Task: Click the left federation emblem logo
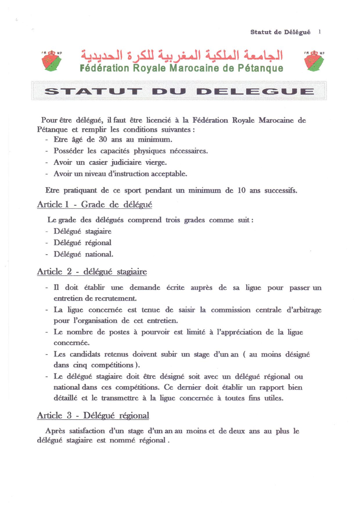tap(52, 61)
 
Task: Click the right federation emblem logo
tap(314, 61)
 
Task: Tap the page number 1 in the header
tap(320, 32)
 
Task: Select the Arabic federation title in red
tap(182, 55)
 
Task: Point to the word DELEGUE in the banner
tap(255, 92)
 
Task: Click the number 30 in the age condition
tap(103, 140)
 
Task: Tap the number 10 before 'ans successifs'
tap(241, 191)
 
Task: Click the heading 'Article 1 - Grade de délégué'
tap(95, 205)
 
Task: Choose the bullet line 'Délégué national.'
tap(83, 255)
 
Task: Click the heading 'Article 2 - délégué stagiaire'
tap(92, 272)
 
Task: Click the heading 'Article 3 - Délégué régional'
tap(93, 416)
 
